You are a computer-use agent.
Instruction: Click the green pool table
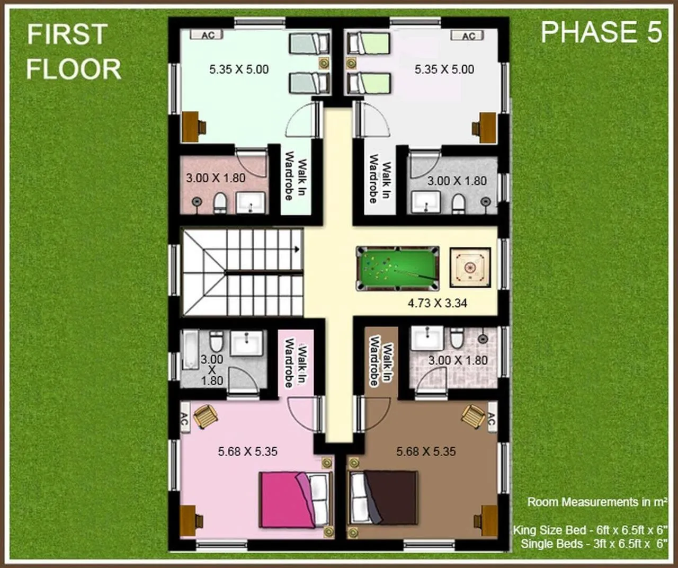[x=398, y=269]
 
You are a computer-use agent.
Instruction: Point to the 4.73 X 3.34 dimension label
[x=437, y=304]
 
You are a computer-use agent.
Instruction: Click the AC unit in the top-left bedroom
[x=208, y=35]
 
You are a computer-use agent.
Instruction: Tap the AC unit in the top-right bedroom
[x=469, y=36]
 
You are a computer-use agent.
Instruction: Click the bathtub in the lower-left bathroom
[x=190, y=350]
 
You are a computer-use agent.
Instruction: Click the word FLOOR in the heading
[x=74, y=69]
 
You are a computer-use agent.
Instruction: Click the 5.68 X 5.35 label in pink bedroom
[x=247, y=451]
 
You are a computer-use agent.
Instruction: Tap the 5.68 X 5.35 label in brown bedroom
[x=426, y=451]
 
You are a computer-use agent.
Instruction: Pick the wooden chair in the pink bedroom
[x=205, y=416]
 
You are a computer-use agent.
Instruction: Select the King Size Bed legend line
[x=590, y=530]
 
